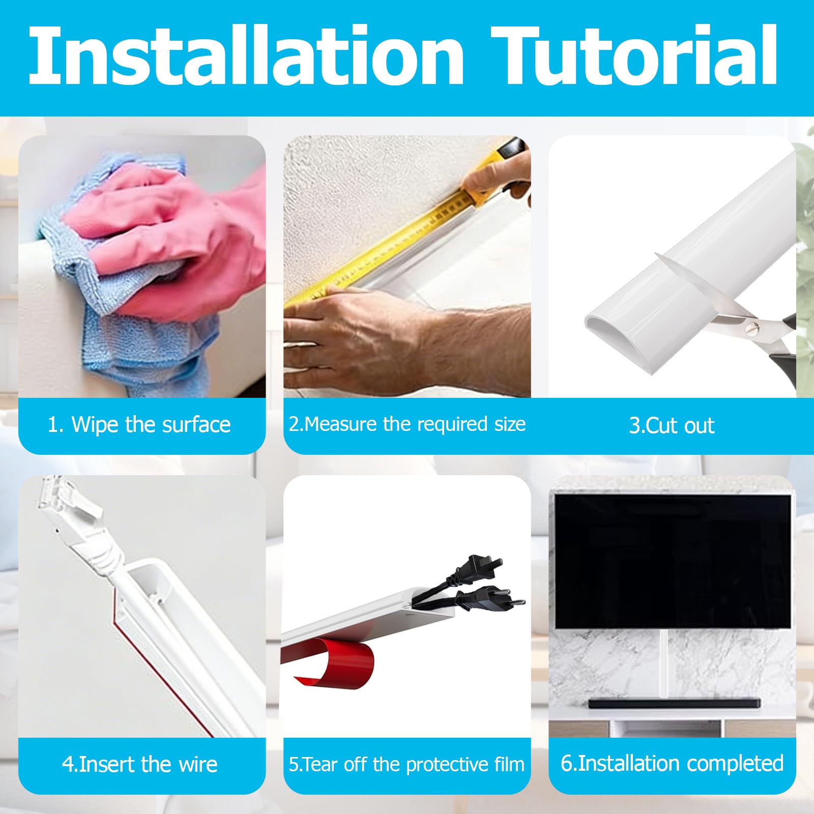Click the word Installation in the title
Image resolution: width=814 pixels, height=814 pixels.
click(246, 55)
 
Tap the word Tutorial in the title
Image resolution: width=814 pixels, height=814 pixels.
click(635, 55)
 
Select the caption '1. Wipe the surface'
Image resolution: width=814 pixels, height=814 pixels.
click(139, 424)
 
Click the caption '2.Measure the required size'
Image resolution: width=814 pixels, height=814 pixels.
click(407, 424)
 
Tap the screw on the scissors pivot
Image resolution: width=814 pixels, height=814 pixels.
click(749, 330)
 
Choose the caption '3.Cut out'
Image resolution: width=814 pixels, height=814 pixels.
click(672, 425)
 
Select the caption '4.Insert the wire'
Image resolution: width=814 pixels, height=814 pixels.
click(140, 764)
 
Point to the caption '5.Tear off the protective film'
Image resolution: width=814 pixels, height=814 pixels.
click(406, 764)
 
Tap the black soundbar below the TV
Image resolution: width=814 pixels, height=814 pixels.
click(674, 703)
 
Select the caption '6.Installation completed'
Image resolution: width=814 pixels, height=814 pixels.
click(672, 763)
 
